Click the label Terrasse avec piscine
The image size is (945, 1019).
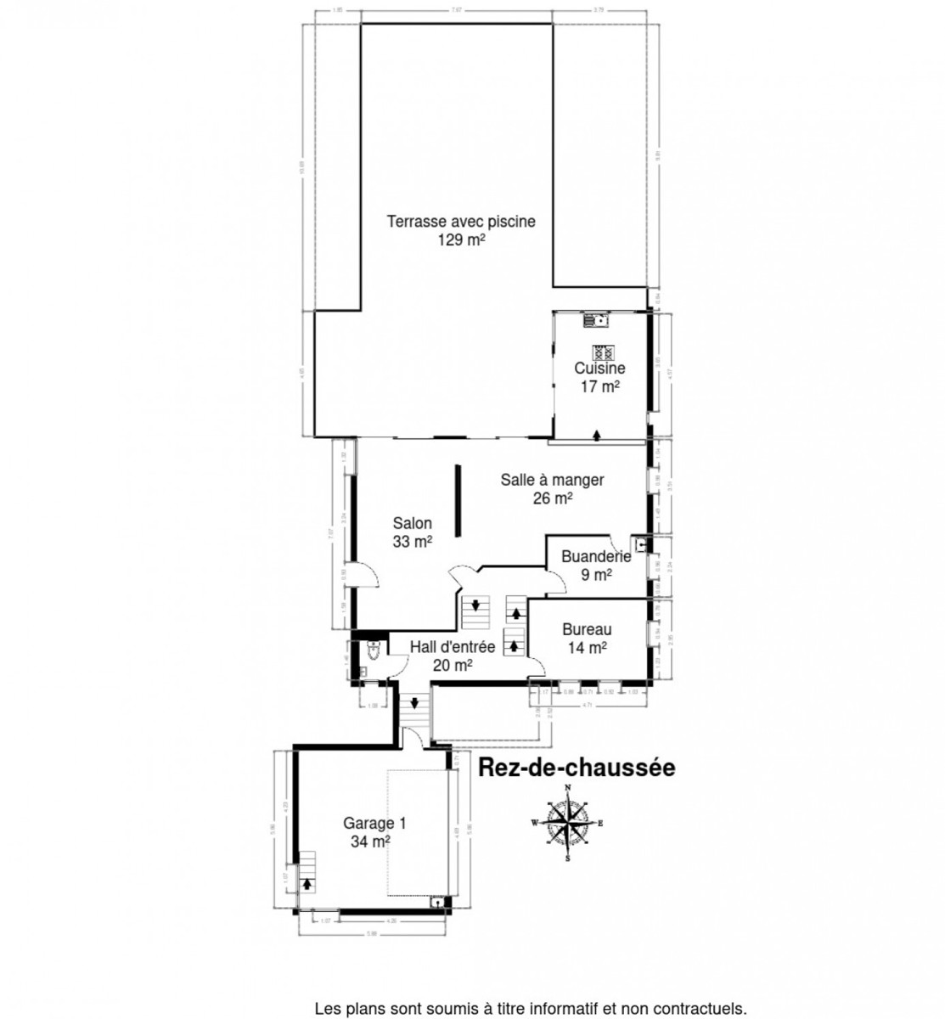pyautogui.click(x=461, y=222)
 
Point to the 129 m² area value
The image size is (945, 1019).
pyautogui.click(x=461, y=240)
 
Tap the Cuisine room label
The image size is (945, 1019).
pyautogui.click(x=599, y=369)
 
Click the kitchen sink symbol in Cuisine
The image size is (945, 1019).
pyautogui.click(x=594, y=320)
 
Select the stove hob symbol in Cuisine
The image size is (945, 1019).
pyautogui.click(x=601, y=351)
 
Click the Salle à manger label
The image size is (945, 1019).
pyautogui.click(x=552, y=480)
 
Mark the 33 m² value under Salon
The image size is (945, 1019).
pyautogui.click(x=413, y=541)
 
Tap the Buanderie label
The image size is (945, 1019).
pyautogui.click(x=595, y=557)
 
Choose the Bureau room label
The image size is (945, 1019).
pyautogui.click(x=587, y=629)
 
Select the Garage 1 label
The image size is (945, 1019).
pyautogui.click(x=374, y=823)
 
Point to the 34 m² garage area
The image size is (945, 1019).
pyautogui.click(x=370, y=842)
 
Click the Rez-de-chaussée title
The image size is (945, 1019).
pyautogui.click(x=577, y=768)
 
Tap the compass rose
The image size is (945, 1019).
pyautogui.click(x=567, y=823)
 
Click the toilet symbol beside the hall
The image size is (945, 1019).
pyautogui.click(x=373, y=650)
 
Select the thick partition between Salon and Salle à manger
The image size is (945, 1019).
pyautogui.click(x=458, y=500)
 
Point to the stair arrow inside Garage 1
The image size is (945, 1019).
pyautogui.click(x=306, y=883)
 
